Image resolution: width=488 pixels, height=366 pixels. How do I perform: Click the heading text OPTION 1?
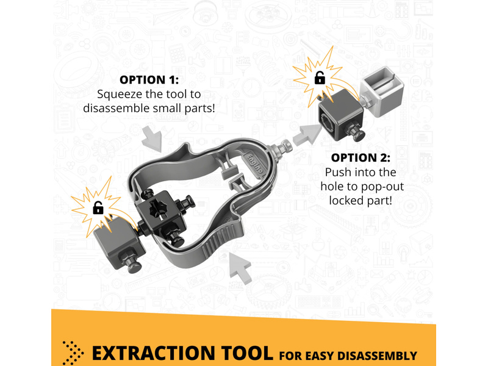[x=149, y=80]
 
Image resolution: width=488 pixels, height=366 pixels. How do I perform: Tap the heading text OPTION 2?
[x=361, y=158]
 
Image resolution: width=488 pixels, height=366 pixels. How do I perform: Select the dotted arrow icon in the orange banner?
[x=73, y=353]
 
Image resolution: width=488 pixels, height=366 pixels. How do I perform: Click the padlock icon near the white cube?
[x=320, y=78]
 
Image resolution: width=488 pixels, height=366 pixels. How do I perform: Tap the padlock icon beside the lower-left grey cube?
[x=98, y=208]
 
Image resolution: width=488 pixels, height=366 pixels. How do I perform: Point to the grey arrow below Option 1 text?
[x=152, y=139]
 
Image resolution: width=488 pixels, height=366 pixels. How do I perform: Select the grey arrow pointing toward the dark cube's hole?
[x=307, y=134]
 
